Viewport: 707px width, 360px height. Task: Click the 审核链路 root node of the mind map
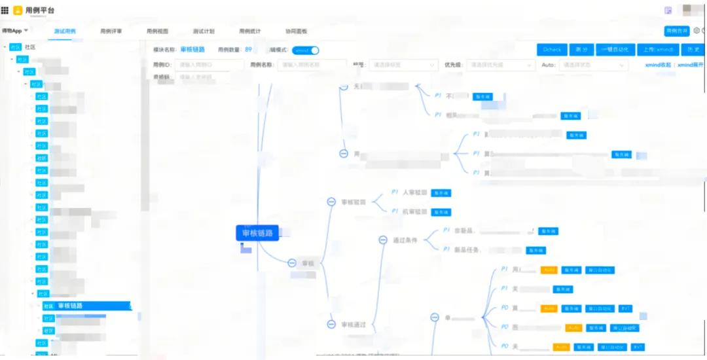257,233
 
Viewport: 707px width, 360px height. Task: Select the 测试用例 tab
65,31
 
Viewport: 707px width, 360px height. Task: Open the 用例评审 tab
111,31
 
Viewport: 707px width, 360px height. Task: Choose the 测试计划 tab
204,31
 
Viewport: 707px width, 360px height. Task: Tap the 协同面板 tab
296,31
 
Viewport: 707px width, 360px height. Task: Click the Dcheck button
552,50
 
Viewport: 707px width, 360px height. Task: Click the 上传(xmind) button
658,50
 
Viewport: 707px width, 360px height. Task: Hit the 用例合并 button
677,31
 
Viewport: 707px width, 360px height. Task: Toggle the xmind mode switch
306,50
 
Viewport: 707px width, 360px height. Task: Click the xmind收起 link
658,65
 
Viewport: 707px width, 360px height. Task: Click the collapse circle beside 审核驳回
332,202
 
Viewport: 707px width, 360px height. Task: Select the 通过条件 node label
405,240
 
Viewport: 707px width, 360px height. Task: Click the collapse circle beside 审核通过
332,325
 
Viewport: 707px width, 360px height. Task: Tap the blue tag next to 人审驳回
441,193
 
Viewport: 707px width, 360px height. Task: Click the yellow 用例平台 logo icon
18,10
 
